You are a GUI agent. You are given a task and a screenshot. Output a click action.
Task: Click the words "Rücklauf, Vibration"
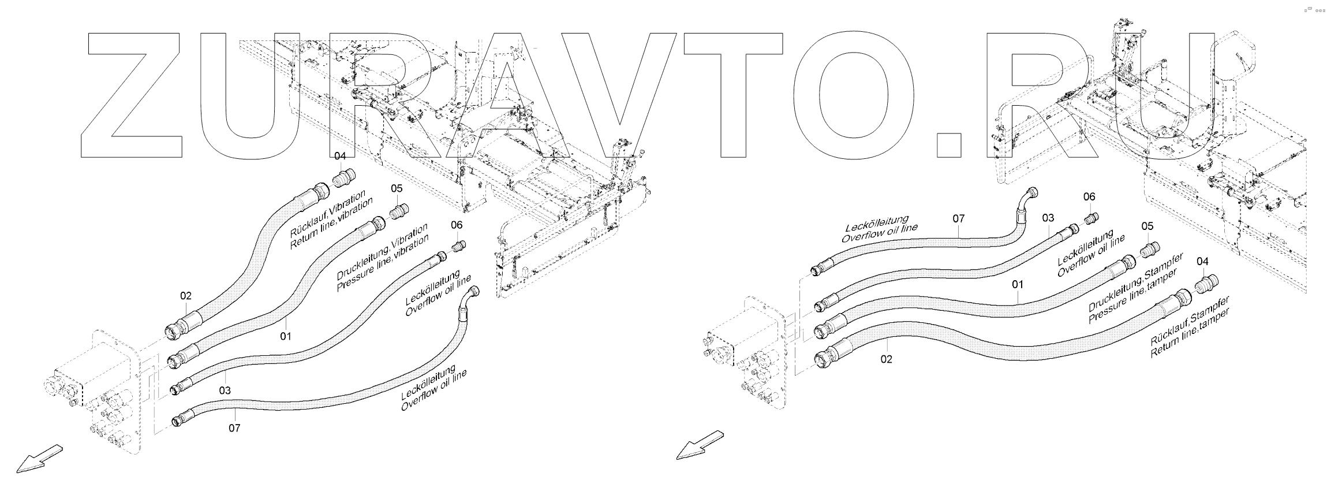click(x=327, y=211)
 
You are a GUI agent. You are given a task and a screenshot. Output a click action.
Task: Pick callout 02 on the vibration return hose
click(x=185, y=296)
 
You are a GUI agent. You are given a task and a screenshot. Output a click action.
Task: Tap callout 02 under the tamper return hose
click(x=887, y=359)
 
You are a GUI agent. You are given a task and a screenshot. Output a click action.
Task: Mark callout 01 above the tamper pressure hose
click(x=1017, y=285)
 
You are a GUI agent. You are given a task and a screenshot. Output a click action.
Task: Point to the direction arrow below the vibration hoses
click(x=39, y=459)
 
